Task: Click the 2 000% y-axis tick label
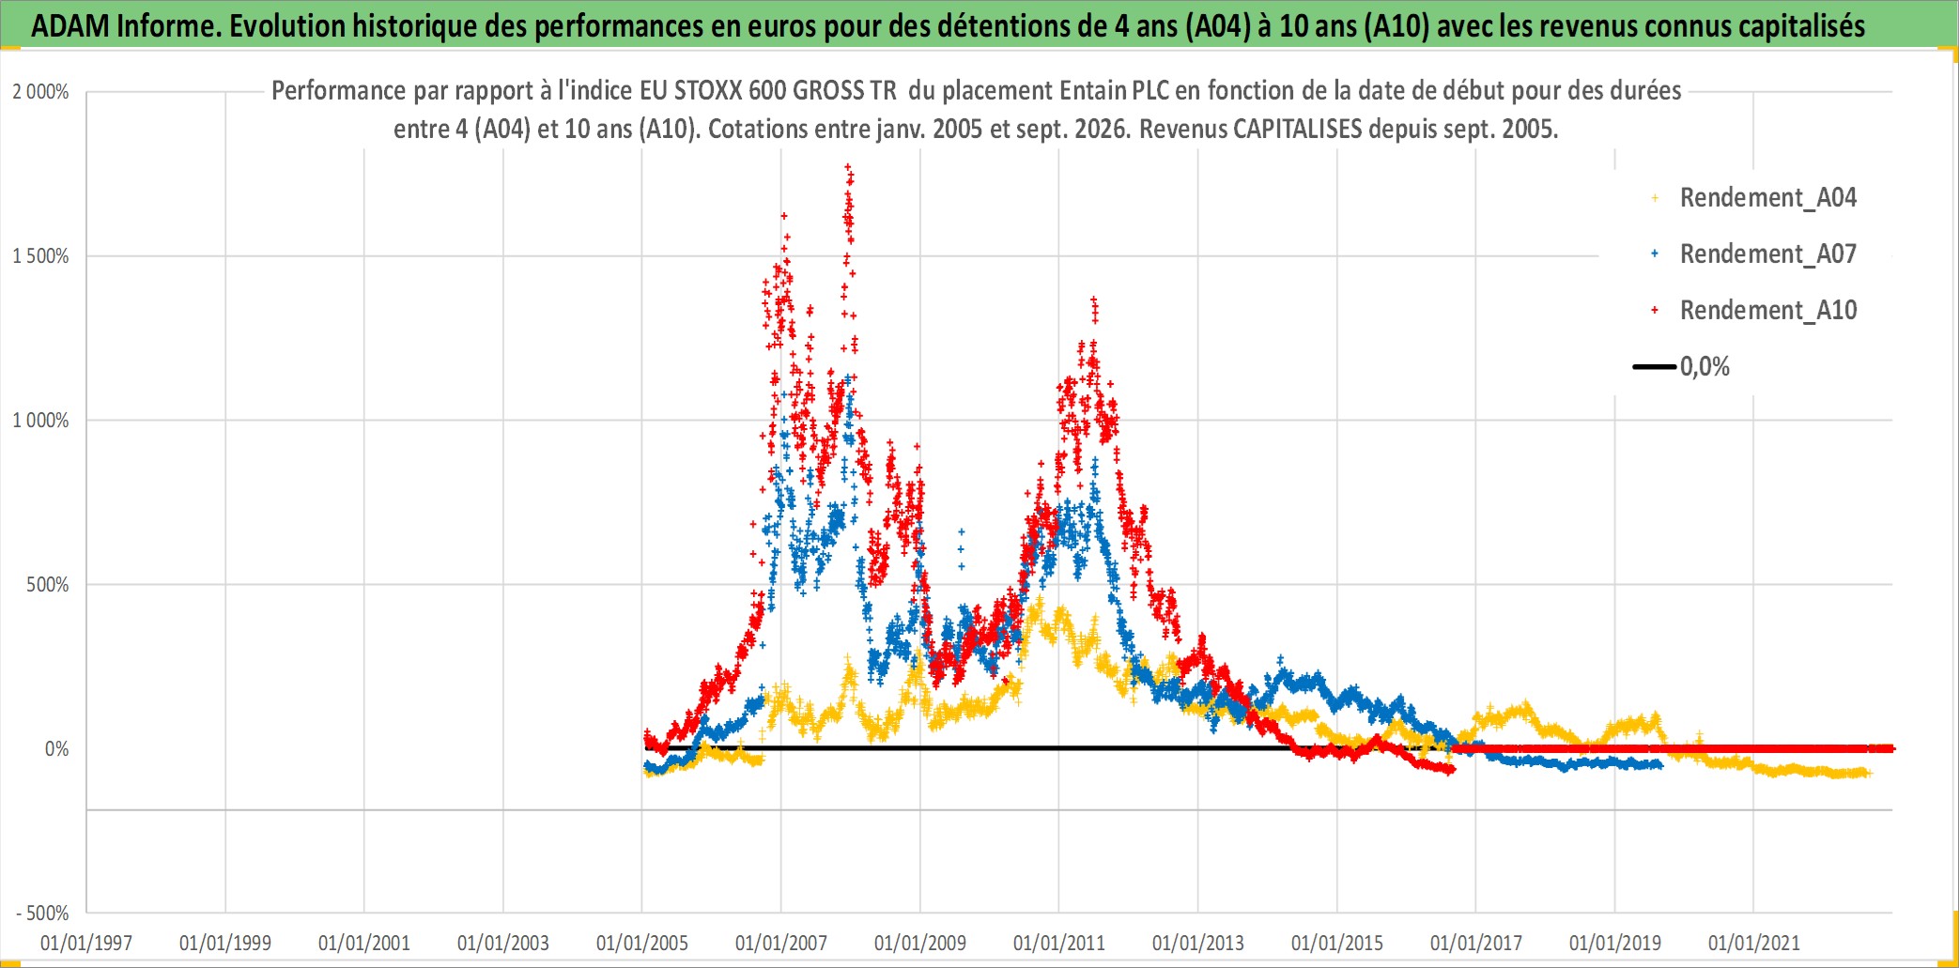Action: tap(40, 92)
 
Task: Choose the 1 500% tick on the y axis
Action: tap(40, 256)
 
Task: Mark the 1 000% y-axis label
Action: tap(40, 421)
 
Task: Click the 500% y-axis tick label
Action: tap(48, 585)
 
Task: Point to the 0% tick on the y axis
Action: tap(57, 749)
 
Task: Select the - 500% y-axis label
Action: tap(43, 914)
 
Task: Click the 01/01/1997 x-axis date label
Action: tap(86, 943)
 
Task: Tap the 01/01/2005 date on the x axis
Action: tap(642, 943)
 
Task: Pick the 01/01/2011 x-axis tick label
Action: tap(1059, 943)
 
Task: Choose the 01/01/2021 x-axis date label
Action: tap(1754, 943)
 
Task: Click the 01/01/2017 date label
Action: tap(1476, 943)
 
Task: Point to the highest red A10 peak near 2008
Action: tap(848, 167)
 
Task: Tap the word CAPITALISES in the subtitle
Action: tap(1297, 130)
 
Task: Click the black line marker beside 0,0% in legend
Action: tap(1654, 367)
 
